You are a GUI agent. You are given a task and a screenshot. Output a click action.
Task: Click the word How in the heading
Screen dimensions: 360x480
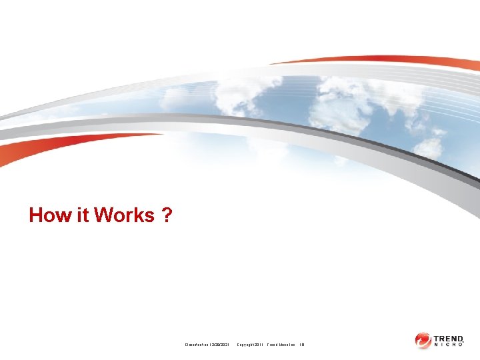48,215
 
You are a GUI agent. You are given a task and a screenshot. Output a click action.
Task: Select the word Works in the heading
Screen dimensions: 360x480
125,215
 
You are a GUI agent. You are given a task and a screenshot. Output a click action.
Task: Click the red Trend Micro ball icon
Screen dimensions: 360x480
423,341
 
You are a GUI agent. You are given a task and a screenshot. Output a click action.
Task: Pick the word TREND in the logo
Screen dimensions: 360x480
452,338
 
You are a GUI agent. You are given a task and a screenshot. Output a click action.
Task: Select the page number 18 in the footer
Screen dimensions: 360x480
302,344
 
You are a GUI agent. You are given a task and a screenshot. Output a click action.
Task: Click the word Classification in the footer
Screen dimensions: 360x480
197,344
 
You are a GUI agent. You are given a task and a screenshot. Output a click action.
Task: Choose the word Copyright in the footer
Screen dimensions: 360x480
247,344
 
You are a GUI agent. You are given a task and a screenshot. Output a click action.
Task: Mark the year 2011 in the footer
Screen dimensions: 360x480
260,344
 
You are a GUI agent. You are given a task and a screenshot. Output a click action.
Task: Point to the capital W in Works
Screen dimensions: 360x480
104,215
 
